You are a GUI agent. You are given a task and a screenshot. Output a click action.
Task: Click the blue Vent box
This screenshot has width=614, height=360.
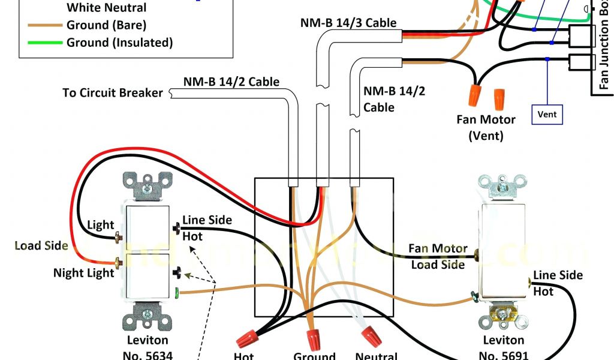[547, 114]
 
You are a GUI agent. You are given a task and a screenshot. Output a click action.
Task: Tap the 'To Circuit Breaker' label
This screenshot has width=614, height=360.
[113, 93]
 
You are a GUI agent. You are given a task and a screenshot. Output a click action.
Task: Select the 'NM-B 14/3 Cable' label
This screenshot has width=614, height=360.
[348, 23]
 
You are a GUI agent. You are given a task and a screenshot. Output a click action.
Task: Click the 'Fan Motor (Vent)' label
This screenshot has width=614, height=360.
[486, 127]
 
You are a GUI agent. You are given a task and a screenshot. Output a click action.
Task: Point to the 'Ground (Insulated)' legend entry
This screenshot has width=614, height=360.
[119, 43]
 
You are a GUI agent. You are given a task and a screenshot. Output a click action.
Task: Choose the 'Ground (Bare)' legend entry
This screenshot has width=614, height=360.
[106, 25]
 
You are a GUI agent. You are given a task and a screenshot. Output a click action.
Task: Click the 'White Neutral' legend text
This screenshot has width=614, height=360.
[106, 8]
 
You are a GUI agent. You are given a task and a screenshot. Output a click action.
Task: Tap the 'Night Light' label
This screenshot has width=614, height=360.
[83, 273]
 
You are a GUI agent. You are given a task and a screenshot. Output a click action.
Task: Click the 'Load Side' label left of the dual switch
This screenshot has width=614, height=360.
[41, 245]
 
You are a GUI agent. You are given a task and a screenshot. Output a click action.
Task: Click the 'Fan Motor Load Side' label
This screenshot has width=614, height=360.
[438, 256]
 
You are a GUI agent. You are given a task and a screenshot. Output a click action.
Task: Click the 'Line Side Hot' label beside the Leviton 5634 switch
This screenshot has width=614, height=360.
[206, 228]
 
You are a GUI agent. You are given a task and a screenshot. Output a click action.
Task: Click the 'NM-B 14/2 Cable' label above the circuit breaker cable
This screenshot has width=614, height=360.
[231, 82]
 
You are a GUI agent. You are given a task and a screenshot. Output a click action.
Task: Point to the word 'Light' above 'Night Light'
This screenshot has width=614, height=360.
[100, 225]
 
